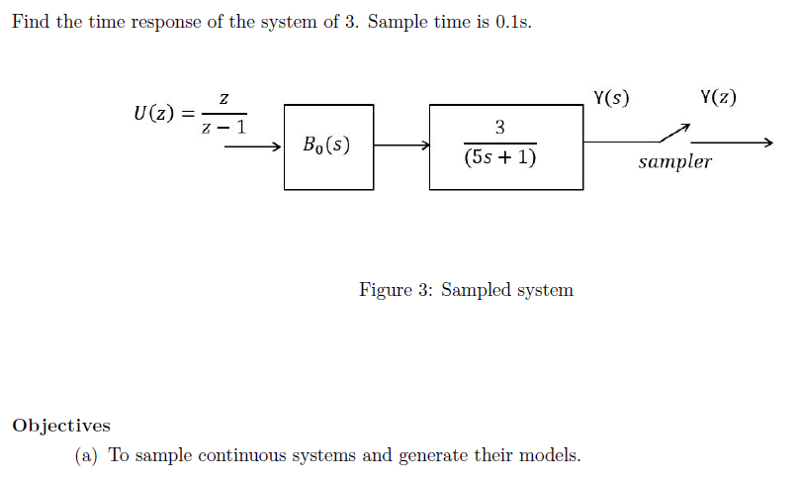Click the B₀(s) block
pos(328,146)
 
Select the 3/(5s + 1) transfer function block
pos(505,146)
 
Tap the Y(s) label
pos(612,98)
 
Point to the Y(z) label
pos(718,98)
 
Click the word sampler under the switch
pos(674,162)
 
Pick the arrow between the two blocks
pos(401,146)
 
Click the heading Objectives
pos(61,426)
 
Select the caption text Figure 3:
pos(396,290)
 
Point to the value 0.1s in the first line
pos(513,23)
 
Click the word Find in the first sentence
pos(31,23)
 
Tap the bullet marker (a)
pos(87,455)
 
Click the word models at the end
pos(554,455)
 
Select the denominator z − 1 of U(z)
pos(224,127)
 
